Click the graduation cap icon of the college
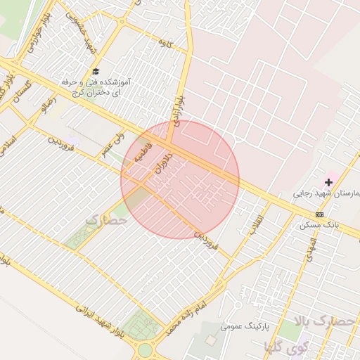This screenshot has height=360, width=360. [x=96, y=71]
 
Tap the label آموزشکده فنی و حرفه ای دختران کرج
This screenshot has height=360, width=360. [x=97, y=87]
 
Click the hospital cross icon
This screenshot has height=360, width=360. [x=328, y=183]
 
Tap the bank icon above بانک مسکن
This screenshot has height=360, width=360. [x=320, y=214]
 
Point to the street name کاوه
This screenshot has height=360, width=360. [x=166, y=45]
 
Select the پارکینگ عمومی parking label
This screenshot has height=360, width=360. [x=242, y=326]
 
